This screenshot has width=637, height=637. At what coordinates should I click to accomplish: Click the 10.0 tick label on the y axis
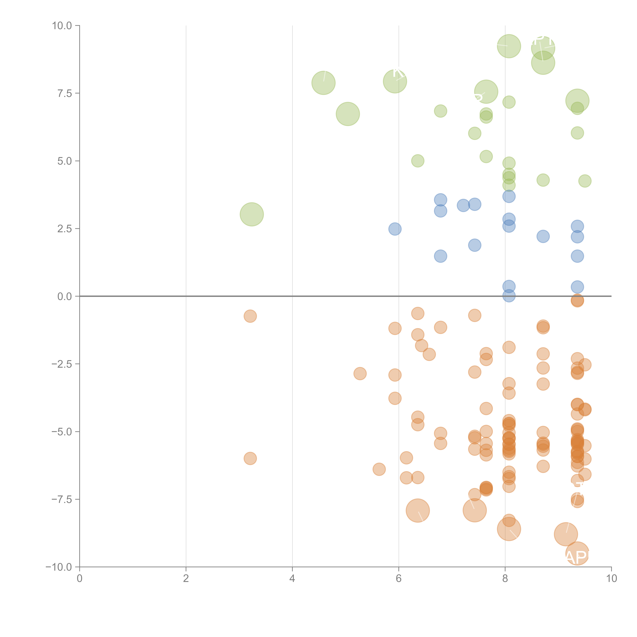(62, 26)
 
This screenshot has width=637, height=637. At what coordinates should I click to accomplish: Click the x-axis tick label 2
(186, 578)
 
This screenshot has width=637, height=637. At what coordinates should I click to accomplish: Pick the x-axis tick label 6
(399, 578)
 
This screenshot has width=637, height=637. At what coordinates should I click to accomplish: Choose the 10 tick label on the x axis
(611, 578)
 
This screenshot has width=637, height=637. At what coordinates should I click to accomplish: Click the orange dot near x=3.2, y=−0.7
(250, 316)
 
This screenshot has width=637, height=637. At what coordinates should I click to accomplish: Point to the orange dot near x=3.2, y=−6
(250, 458)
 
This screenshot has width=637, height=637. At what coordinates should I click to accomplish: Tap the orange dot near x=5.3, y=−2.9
(360, 374)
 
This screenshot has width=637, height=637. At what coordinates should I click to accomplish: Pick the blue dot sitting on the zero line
(509, 296)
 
